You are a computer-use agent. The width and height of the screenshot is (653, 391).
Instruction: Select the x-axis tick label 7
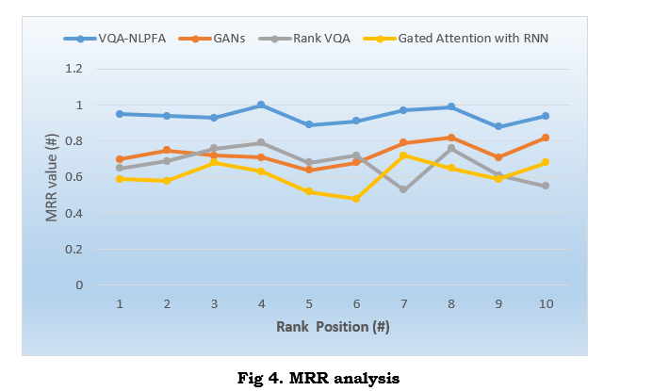(x=403, y=303)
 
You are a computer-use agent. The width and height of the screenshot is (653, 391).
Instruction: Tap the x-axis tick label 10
(x=545, y=303)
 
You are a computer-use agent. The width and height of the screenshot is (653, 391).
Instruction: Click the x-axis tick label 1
(x=121, y=303)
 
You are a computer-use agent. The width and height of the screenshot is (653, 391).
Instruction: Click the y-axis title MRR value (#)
(x=53, y=177)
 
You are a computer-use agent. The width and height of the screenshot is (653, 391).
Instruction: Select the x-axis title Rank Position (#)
(x=333, y=327)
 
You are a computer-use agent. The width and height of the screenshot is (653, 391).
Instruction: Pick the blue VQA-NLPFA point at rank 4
(x=261, y=105)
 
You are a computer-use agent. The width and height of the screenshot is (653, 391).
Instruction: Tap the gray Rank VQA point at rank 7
(x=403, y=189)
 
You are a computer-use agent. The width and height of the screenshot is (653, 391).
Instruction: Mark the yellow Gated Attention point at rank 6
(x=356, y=199)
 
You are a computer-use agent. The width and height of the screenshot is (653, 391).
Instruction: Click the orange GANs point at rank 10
(x=545, y=138)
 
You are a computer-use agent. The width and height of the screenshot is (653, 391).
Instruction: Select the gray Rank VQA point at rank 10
(x=545, y=186)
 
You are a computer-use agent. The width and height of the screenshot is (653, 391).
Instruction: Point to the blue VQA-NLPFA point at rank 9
(x=498, y=126)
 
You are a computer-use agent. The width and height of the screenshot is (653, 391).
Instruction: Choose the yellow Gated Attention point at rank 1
(x=121, y=178)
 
